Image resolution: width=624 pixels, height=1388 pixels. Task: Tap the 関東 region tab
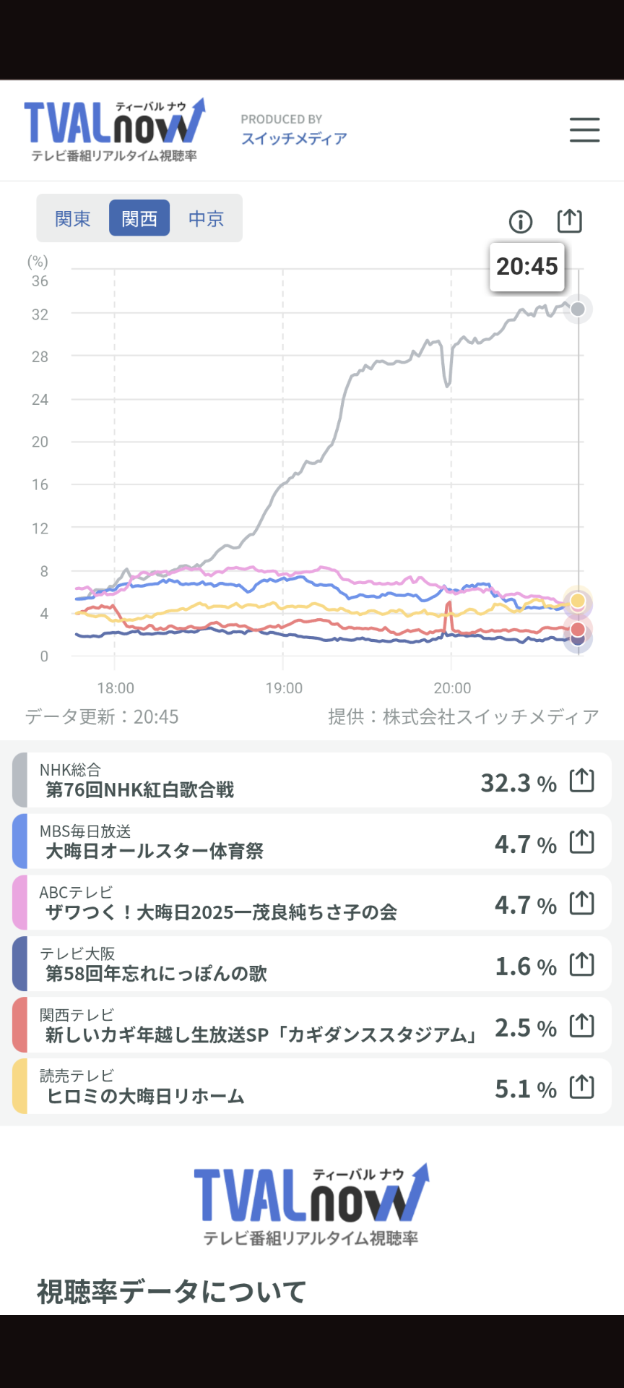click(x=73, y=218)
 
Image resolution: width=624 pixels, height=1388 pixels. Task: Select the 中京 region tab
click(x=206, y=218)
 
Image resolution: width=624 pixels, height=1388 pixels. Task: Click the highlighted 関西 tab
click(x=139, y=218)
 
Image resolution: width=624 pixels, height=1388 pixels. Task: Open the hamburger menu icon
click(x=584, y=130)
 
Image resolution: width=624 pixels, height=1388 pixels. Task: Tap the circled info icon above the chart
click(x=520, y=221)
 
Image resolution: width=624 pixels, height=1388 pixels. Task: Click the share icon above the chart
click(x=569, y=220)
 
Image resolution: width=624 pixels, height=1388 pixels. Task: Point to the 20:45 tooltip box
click(x=526, y=267)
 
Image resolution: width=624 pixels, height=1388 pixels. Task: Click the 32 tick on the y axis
click(x=40, y=314)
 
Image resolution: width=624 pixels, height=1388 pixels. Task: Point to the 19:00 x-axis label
click(x=284, y=688)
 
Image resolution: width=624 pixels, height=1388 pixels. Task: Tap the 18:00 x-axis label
click(x=116, y=688)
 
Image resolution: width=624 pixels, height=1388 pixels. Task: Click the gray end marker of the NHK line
click(x=578, y=309)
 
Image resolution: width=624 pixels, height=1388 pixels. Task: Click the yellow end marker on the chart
click(x=578, y=601)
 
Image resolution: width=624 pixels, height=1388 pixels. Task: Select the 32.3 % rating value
click(x=519, y=783)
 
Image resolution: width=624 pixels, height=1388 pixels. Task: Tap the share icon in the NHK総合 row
click(x=582, y=781)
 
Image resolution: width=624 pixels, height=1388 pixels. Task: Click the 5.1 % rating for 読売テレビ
click(x=525, y=1089)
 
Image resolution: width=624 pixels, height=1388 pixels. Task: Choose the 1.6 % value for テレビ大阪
click(x=525, y=967)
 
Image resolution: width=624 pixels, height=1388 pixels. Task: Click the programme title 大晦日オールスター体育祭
click(x=155, y=851)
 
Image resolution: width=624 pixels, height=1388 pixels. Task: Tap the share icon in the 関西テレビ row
click(x=582, y=1025)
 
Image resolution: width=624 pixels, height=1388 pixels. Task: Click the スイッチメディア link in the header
click(x=294, y=139)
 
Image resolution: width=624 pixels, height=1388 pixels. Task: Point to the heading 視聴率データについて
click(x=172, y=1291)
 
